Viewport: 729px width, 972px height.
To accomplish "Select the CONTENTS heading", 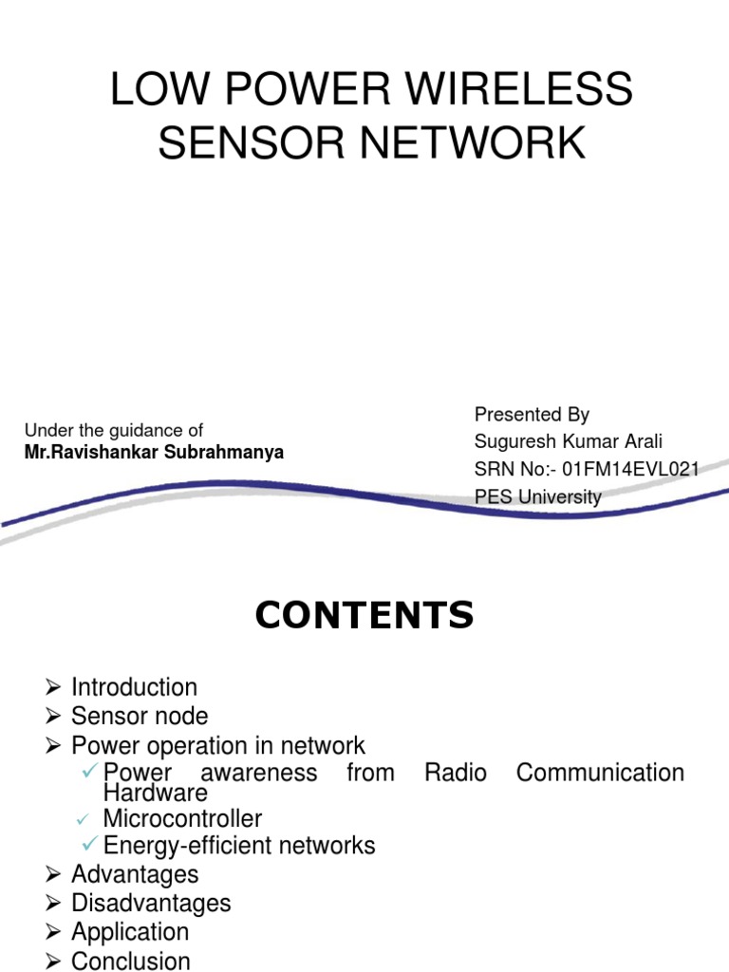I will pos(364,616).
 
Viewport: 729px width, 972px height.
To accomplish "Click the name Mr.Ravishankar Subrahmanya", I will pos(154,453).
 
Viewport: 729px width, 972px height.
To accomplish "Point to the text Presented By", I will pos(532,414).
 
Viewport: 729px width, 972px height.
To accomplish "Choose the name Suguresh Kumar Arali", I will pos(568,441).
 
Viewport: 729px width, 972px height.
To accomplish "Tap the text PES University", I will pos(537,496).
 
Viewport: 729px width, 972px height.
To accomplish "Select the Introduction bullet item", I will pos(134,687).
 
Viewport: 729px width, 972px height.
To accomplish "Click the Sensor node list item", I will pos(140,716).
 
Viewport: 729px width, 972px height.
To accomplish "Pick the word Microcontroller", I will pos(182,818).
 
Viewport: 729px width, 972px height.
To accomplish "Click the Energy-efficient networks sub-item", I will pos(239,845).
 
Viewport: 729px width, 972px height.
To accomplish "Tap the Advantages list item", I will pos(135,874).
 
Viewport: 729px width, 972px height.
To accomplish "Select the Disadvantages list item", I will pos(151,903).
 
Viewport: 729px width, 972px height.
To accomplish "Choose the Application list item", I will pos(130,931).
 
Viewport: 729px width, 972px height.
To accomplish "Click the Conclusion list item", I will pos(131,961).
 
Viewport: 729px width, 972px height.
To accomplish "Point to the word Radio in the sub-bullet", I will pos(456,773).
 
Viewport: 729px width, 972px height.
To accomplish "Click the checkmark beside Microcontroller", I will pos(83,818).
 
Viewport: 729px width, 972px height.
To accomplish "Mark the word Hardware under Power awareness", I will pos(155,793).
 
